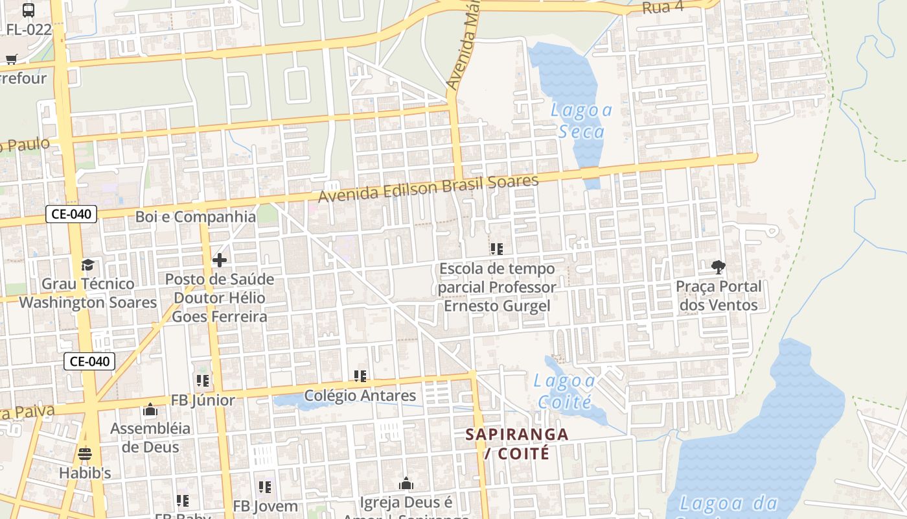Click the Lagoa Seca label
click(581, 121)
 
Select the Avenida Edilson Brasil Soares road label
click(428, 189)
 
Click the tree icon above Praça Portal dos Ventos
click(718, 267)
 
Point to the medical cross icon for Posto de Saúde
click(220, 260)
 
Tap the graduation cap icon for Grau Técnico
click(87, 265)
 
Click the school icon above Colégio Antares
click(360, 376)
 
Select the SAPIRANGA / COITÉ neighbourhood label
click(517, 443)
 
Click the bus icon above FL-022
click(29, 10)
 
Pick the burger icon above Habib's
click(85, 453)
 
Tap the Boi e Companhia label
click(196, 217)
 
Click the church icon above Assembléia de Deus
click(150, 409)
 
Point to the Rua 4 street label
click(663, 8)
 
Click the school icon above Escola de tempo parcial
click(497, 249)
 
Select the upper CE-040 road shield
click(71, 214)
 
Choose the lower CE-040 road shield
click(89, 361)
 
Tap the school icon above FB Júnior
click(203, 381)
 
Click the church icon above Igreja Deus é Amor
click(406, 483)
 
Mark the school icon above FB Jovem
click(265, 487)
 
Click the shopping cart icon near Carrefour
click(11, 60)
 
